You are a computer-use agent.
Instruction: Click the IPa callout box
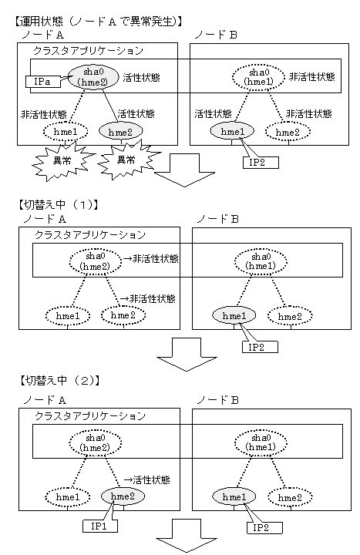pos(43,82)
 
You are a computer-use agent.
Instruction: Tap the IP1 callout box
pos(99,526)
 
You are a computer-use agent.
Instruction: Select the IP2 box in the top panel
pos(261,163)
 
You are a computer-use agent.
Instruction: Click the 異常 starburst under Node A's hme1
pos(62,161)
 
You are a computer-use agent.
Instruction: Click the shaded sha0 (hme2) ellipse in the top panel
pos(93,77)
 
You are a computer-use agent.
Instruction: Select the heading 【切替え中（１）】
pos(57,204)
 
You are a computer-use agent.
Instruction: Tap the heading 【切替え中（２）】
pos(59,381)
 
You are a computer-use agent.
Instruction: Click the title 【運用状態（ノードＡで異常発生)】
pos(99,22)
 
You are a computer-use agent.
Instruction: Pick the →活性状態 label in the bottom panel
pos(146,479)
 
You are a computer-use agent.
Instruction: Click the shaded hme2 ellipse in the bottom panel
pos(123,496)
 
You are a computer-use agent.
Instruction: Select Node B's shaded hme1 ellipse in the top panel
pos(232,131)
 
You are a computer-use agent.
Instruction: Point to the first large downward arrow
pos(184,170)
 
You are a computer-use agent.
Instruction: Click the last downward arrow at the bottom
pos(187,535)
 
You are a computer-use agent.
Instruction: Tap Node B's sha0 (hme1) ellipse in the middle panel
pos(261,261)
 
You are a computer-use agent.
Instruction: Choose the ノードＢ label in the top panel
pos(216,35)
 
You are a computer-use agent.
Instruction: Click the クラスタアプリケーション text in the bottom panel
pos(90,415)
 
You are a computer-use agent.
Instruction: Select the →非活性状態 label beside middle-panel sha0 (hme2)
pos(150,259)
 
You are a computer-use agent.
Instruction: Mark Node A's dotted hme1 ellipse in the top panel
pos(66,132)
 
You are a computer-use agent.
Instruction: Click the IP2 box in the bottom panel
pos(264,528)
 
